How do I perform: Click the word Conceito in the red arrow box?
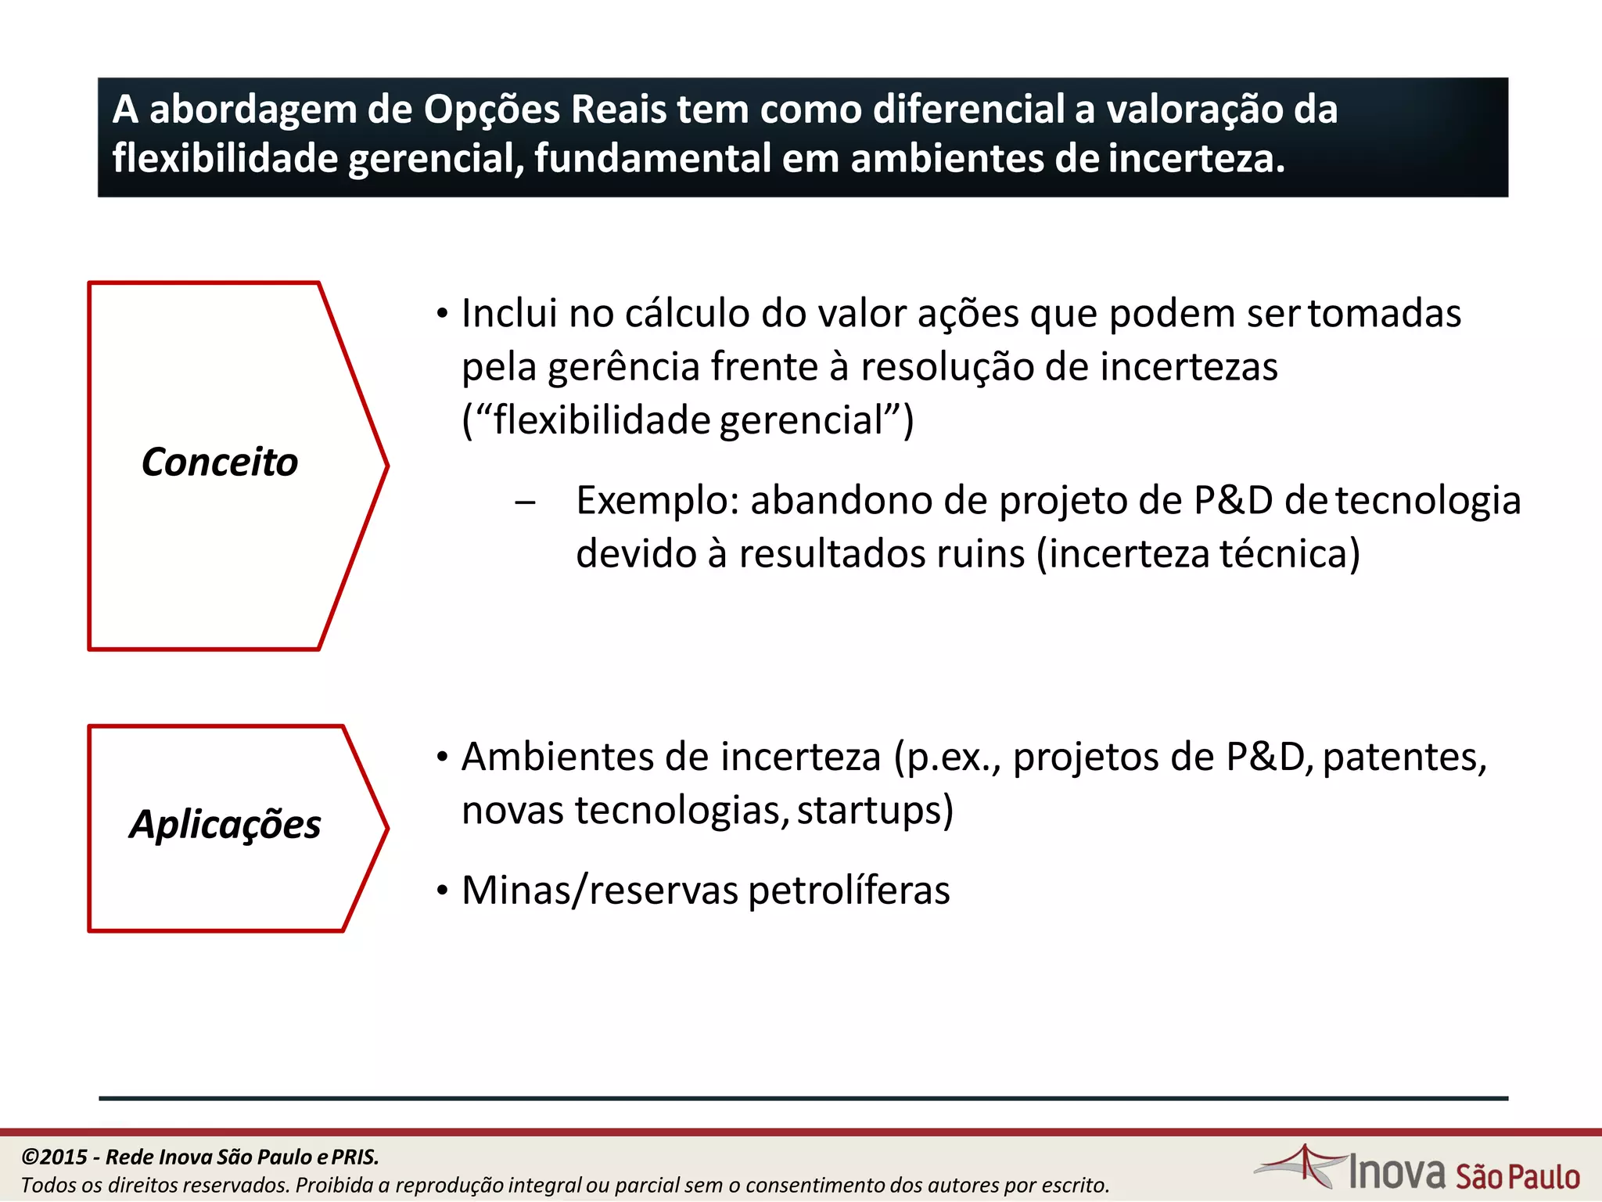pyautogui.click(x=220, y=462)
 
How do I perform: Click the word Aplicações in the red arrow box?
pyautogui.click(x=225, y=825)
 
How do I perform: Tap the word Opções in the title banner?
pyautogui.click(x=492, y=110)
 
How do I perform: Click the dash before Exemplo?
pyautogui.click(x=525, y=502)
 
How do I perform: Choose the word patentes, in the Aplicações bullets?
pyautogui.click(x=1405, y=758)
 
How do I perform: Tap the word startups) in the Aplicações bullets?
pyautogui.click(x=875, y=811)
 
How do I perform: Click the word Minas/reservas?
pyautogui.click(x=600, y=891)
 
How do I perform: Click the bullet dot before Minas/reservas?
pyautogui.click(x=443, y=891)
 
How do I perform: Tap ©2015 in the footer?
pyautogui.click(x=55, y=1157)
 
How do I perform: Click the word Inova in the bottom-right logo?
pyautogui.click(x=1397, y=1171)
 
